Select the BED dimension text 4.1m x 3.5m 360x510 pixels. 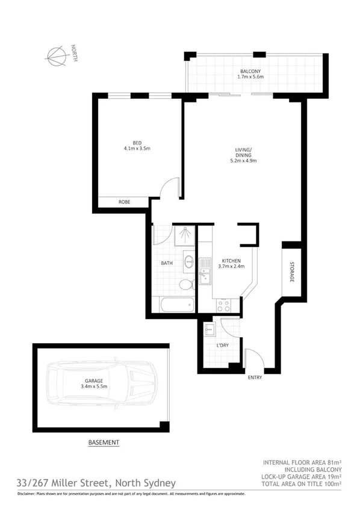137,148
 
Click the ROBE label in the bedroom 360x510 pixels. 125,202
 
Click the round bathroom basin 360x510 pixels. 188,261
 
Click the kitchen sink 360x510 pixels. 205,270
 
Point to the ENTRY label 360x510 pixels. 255,378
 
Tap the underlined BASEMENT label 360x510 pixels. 104,443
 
